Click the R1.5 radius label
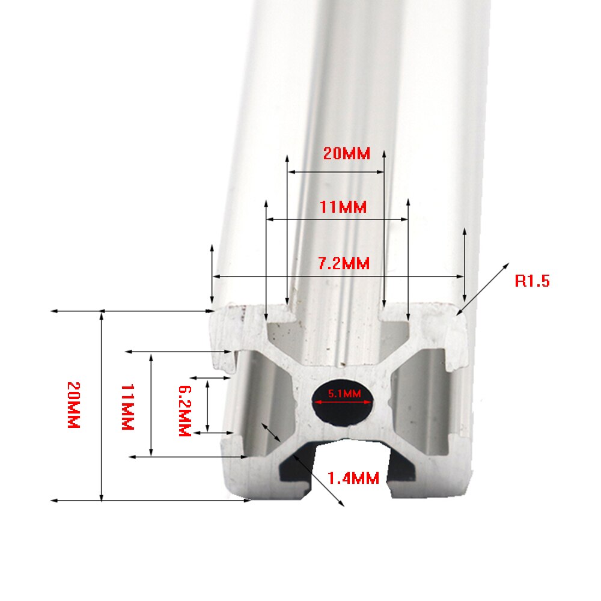point(532,281)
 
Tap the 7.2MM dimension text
point(343,263)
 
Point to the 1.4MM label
point(353,478)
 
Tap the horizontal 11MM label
point(343,207)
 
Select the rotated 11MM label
point(127,407)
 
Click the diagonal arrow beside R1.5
point(484,287)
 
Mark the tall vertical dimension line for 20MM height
point(101,406)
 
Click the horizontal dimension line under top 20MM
point(335,172)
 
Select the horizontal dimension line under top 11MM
point(337,219)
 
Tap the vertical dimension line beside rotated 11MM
point(151,404)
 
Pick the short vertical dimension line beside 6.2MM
point(207,405)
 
